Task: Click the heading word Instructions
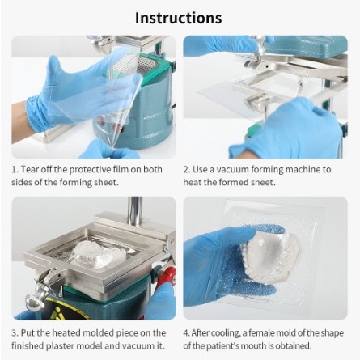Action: [x=178, y=18]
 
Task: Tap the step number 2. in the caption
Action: [x=187, y=170]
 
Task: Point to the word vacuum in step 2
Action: [x=233, y=170]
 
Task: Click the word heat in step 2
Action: [x=193, y=182]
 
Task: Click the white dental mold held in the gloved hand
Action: [x=269, y=253]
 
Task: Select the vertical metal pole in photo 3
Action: [x=135, y=209]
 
